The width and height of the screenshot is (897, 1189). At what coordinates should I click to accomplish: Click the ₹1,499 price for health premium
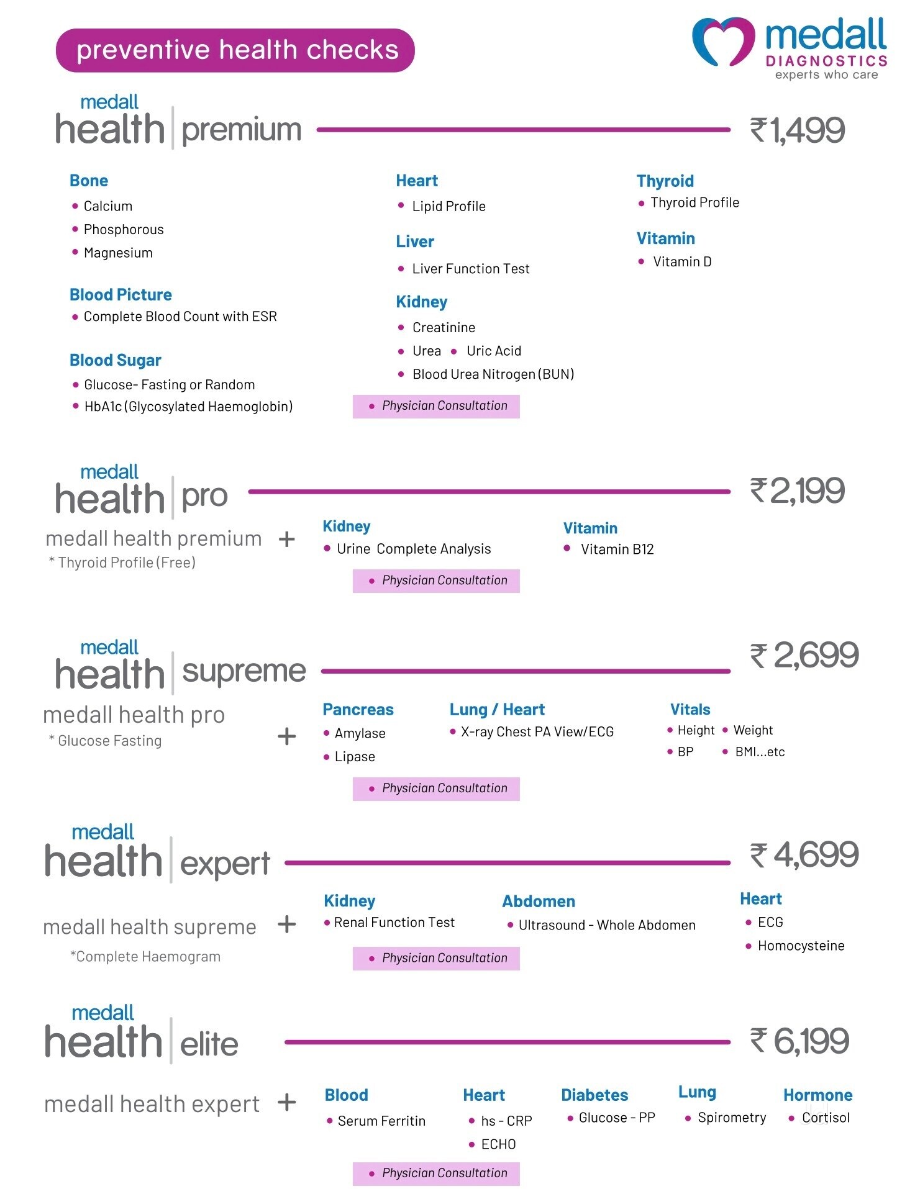coord(798,130)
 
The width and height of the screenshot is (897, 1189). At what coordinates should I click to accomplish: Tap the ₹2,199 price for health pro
coord(798,491)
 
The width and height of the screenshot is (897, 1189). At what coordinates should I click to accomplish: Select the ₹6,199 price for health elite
coord(799,1041)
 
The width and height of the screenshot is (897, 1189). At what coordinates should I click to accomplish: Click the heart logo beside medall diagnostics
coord(724,41)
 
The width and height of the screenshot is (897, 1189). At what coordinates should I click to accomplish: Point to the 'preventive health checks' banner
coord(235,50)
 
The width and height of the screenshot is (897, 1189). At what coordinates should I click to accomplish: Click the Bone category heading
coord(89,181)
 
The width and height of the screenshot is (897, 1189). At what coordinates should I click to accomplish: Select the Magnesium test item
coord(118,253)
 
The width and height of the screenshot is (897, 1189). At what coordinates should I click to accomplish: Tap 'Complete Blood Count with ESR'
coord(180,317)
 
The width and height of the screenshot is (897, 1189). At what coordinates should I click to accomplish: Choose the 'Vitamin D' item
coord(682,262)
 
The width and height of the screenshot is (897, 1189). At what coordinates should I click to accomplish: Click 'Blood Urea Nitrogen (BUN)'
coord(493,374)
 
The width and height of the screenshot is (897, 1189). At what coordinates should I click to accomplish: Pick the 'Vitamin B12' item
coord(617,549)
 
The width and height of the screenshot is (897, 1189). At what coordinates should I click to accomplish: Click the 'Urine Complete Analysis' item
coord(414,549)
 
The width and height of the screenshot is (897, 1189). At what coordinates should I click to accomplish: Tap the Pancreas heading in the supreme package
coord(358,710)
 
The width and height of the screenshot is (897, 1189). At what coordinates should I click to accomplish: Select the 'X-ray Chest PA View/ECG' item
coord(537,732)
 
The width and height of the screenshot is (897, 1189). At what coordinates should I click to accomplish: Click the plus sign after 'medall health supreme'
coord(287,925)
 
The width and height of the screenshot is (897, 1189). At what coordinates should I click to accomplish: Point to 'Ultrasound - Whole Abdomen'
coord(607,925)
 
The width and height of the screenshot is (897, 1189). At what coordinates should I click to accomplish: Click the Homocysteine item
coord(801,946)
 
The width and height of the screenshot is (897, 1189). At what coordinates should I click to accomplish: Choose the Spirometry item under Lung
coord(732,1118)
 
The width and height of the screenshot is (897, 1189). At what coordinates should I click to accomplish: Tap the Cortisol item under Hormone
coord(826,1118)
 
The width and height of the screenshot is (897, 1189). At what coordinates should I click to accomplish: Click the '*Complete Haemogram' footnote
coord(145,957)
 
